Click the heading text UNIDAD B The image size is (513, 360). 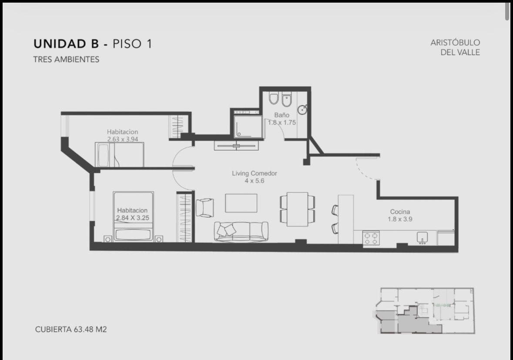tap(66, 44)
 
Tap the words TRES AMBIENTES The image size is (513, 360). tap(66, 60)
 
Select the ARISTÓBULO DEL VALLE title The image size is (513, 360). tap(456, 47)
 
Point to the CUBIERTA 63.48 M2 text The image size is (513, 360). tap(71, 329)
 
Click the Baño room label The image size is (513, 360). tap(282, 115)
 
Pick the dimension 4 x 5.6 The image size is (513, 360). tap(254, 181)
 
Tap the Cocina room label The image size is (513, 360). tap(400, 212)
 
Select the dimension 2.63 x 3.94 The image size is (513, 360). tap(123, 139)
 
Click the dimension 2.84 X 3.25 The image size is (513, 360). tap(133, 218)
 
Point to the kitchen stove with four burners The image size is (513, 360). tap(371, 238)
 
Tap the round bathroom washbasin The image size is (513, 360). tap(302, 110)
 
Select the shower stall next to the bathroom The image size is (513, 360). tap(248, 124)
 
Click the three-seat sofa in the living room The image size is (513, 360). tap(241, 232)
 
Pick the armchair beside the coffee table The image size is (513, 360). tap(205, 208)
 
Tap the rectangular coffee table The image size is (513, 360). tap(241, 203)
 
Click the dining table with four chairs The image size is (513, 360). tap(297, 209)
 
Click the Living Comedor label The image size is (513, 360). tap(255, 173)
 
